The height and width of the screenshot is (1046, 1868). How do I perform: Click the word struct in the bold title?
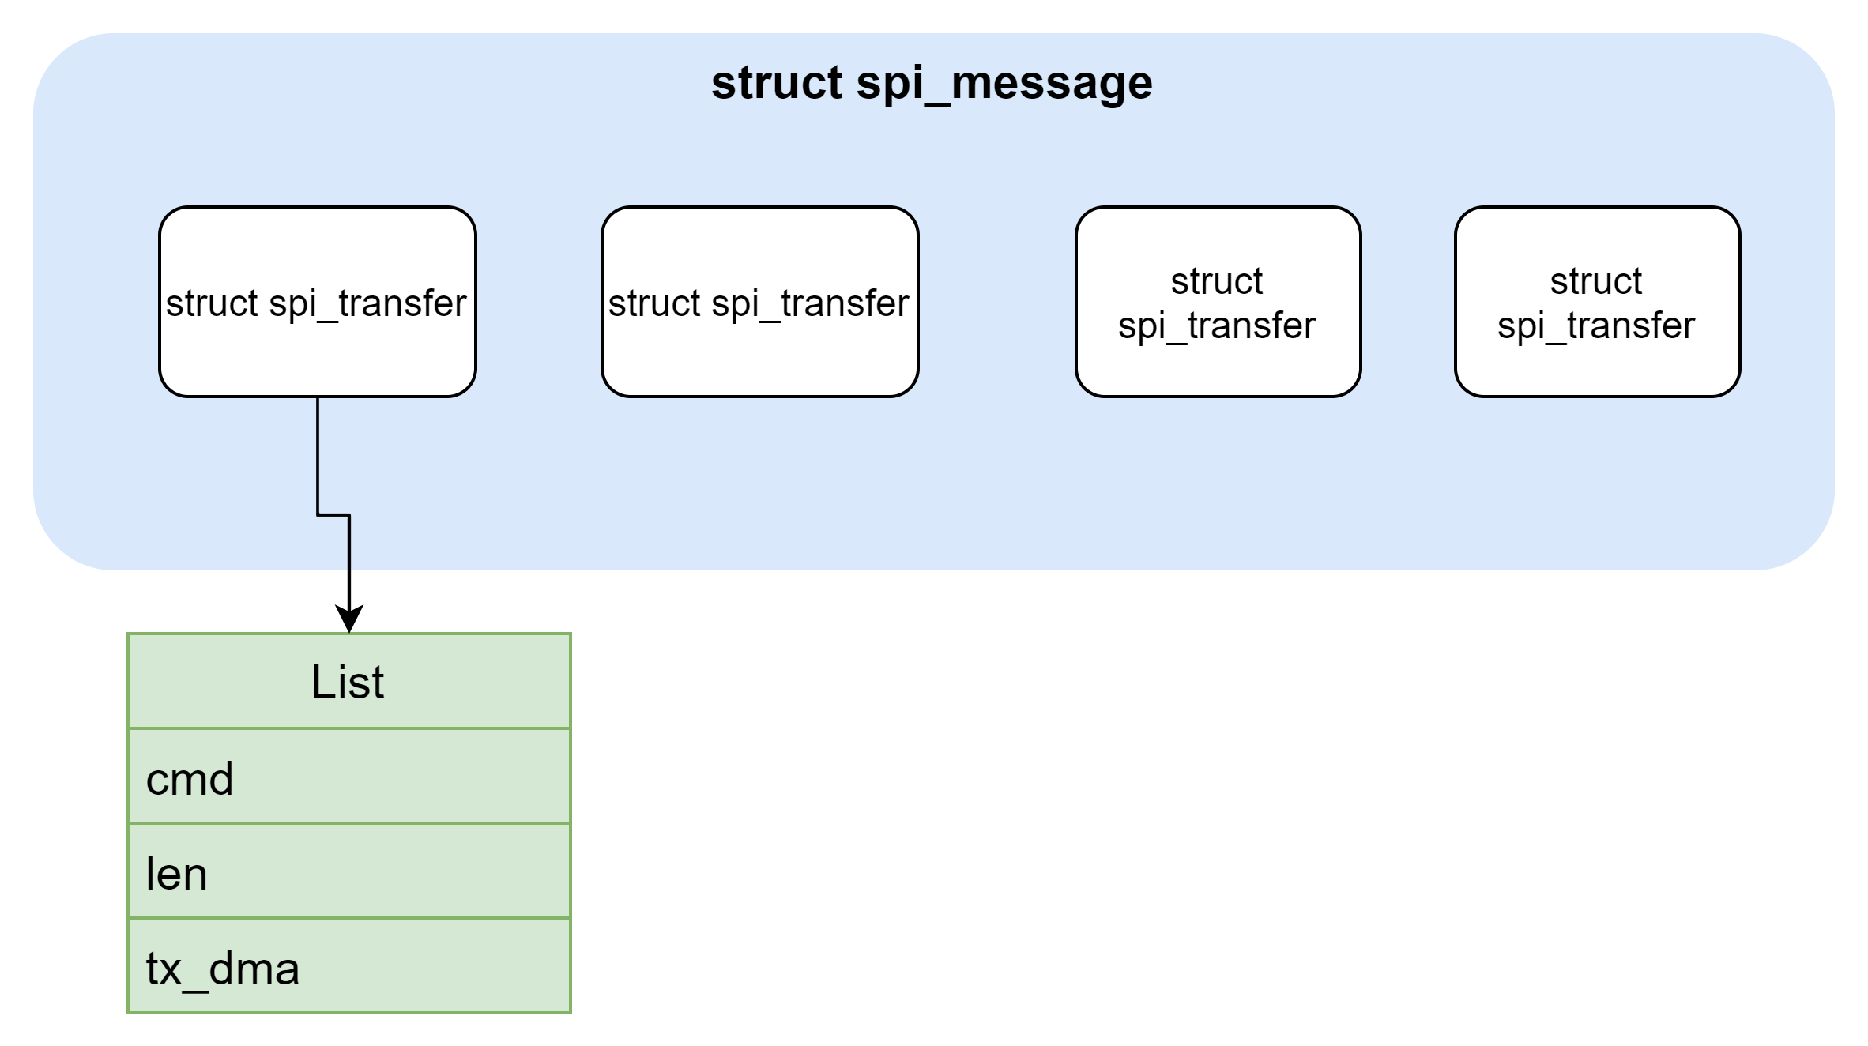click(776, 82)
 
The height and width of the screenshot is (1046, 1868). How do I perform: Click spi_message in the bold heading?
click(1004, 84)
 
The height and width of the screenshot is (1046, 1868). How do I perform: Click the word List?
click(348, 683)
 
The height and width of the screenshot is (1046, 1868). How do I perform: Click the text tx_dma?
click(223, 969)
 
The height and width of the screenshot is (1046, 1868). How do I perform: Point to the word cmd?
click(190, 779)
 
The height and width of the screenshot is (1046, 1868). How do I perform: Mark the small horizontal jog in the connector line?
click(333, 515)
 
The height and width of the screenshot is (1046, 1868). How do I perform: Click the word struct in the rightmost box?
click(1596, 281)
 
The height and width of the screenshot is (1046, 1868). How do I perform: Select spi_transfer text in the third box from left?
click(1217, 325)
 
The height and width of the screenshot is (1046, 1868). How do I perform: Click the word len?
click(176, 874)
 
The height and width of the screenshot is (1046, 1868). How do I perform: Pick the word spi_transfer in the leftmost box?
click(367, 303)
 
